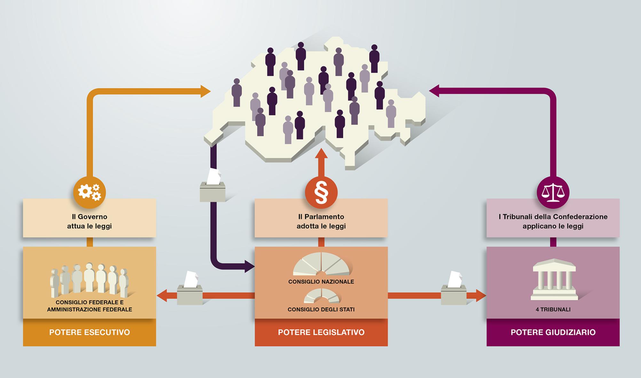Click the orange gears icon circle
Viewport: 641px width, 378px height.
coord(90,192)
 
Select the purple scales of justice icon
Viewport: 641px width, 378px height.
coord(553,193)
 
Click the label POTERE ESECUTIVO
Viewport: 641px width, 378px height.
coord(90,332)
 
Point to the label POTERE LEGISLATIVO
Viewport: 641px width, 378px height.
coord(321,332)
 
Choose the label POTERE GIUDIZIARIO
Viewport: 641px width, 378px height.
coord(553,332)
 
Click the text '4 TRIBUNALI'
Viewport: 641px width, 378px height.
coord(553,310)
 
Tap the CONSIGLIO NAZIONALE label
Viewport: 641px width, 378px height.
coord(321,282)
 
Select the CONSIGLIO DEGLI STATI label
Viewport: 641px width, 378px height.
coord(321,310)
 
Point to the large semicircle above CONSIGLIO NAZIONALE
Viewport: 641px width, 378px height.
coord(321,264)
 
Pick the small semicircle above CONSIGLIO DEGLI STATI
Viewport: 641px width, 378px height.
coord(321,295)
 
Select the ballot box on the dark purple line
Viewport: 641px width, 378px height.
coord(213,186)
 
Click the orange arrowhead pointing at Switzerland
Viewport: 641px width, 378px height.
coord(206,91)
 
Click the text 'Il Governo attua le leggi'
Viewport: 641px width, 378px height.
coord(90,221)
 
